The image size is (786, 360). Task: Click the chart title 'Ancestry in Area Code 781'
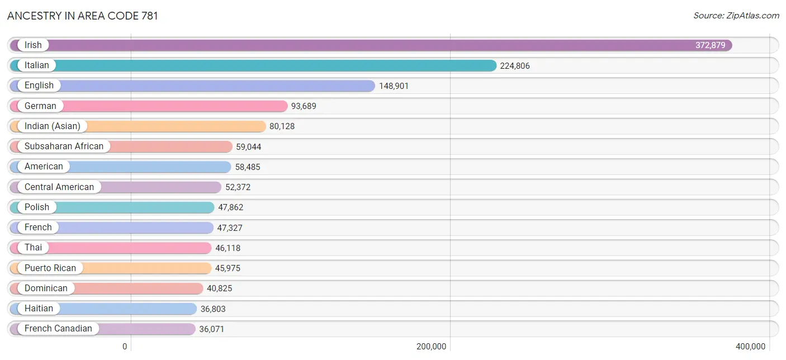pyautogui.click(x=83, y=16)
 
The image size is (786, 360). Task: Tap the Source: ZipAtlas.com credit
pyautogui.click(x=736, y=16)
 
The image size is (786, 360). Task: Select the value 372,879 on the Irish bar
pyautogui.click(x=710, y=45)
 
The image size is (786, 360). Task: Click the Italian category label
pyautogui.click(x=36, y=65)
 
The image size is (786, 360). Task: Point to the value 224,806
pyautogui.click(x=515, y=65)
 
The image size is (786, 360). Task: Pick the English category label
pyautogui.click(x=39, y=86)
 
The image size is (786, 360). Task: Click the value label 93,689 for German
pyautogui.click(x=304, y=106)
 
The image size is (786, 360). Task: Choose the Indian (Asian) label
pyautogui.click(x=53, y=126)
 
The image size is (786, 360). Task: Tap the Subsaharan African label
pyautogui.click(x=64, y=146)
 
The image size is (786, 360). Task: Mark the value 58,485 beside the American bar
pyautogui.click(x=248, y=167)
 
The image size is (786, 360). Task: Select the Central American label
pyautogui.click(x=59, y=187)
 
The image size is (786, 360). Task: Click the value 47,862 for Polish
pyautogui.click(x=230, y=207)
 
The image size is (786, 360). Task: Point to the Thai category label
pyautogui.click(x=33, y=248)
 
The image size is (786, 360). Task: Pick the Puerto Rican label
pyautogui.click(x=50, y=268)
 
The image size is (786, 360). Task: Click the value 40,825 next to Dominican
pyautogui.click(x=219, y=288)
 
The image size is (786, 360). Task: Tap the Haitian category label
pyautogui.click(x=39, y=308)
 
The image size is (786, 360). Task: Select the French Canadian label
pyautogui.click(x=58, y=329)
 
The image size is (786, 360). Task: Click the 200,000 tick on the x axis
pyautogui.click(x=431, y=347)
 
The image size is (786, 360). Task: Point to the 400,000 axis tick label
pyautogui.click(x=751, y=347)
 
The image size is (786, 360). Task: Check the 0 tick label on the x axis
pyautogui.click(x=125, y=347)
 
